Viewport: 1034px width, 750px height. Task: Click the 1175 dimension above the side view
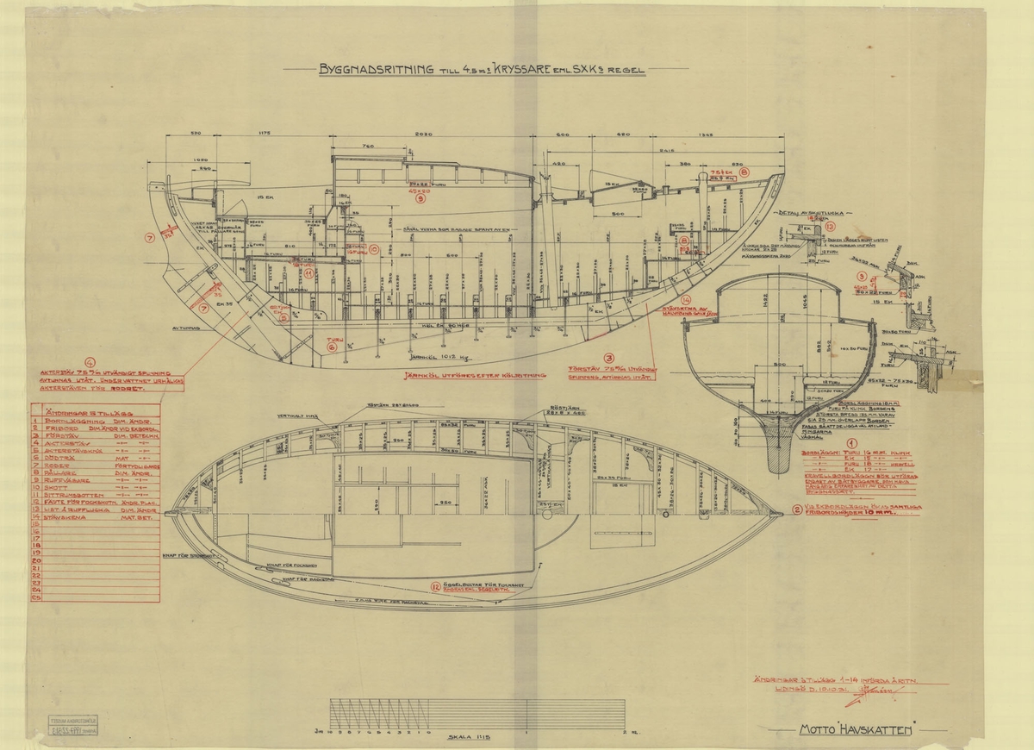pos(265,134)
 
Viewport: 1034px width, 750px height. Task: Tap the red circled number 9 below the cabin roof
pos(420,198)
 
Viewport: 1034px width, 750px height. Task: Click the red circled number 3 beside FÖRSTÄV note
pos(610,357)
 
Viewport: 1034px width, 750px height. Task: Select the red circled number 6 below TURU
pos(331,347)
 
